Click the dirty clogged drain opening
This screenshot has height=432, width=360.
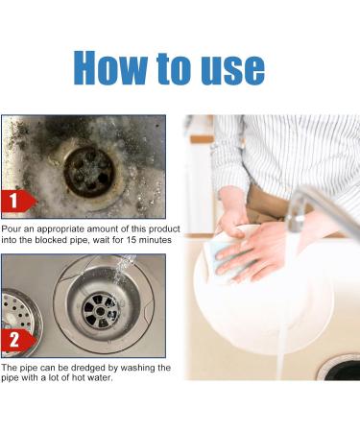click(x=89, y=172)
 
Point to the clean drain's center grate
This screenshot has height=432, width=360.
click(x=101, y=311)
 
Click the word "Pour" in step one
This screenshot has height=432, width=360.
click(x=11, y=229)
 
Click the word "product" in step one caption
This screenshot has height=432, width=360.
click(x=164, y=229)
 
